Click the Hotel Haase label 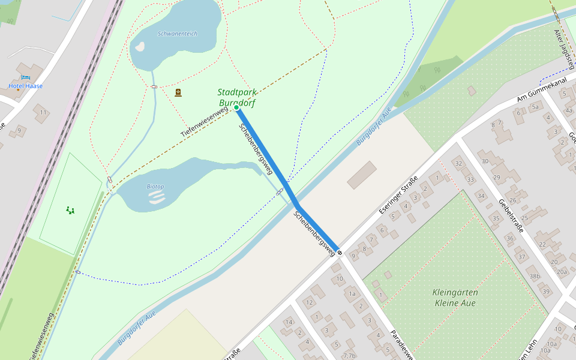(x=25, y=86)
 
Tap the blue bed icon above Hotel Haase (x=25, y=77)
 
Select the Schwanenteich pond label (x=177, y=34)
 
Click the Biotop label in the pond (x=155, y=187)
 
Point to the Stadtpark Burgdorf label (x=237, y=97)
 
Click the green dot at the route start (x=237, y=108)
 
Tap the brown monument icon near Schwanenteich (x=178, y=92)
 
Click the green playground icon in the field (x=71, y=210)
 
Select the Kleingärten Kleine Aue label (x=454, y=298)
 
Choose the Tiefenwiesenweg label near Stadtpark (x=204, y=122)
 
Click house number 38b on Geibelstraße (x=534, y=276)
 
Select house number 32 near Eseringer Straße (x=459, y=163)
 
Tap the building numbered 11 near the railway (x=43, y=112)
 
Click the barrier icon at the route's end (x=340, y=253)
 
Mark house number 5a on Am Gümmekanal (x=535, y=107)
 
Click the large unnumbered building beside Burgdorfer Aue (x=361, y=175)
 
